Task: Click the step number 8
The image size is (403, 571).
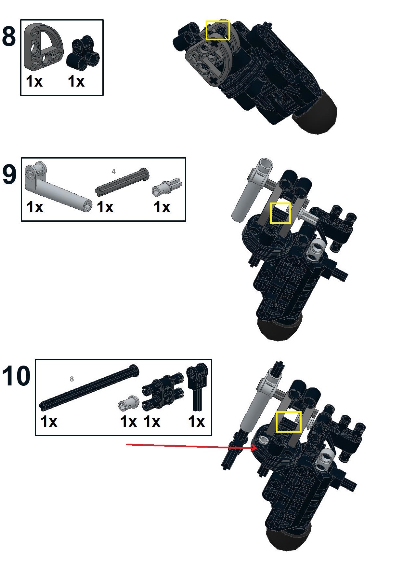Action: pos(9,36)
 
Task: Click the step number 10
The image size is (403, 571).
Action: pos(16,376)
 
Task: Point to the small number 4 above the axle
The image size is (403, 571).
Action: pos(113,172)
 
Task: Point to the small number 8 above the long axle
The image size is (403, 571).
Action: pos(72,379)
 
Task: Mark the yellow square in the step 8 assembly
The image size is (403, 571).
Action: pos(218,31)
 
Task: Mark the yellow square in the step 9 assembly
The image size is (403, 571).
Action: pos(280,213)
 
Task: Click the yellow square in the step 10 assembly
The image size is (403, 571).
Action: pos(289,422)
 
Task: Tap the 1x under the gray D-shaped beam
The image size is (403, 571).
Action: pos(34,81)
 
